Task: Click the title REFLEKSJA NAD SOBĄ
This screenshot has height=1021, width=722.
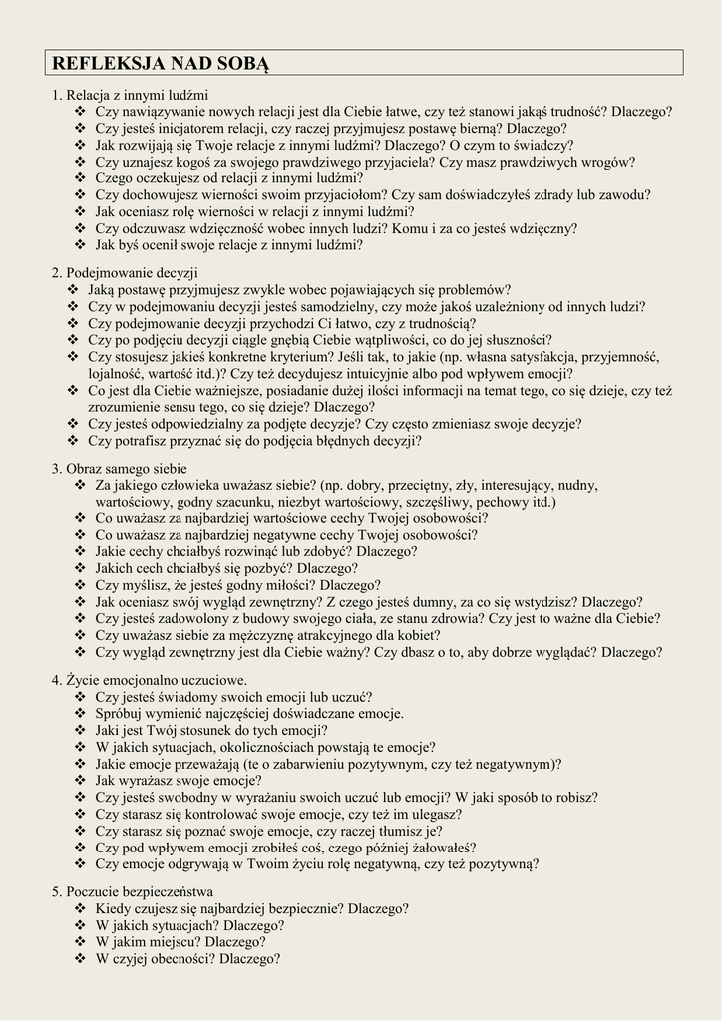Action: coord(161,64)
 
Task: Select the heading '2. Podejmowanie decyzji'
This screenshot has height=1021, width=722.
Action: coord(126,272)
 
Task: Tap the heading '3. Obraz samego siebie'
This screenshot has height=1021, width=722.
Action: coord(119,468)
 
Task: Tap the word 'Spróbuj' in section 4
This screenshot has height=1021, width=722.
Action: coord(120,714)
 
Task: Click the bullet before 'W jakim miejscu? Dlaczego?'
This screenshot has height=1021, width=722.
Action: coord(80,942)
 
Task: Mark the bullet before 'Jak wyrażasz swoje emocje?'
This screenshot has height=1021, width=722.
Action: coord(80,781)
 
